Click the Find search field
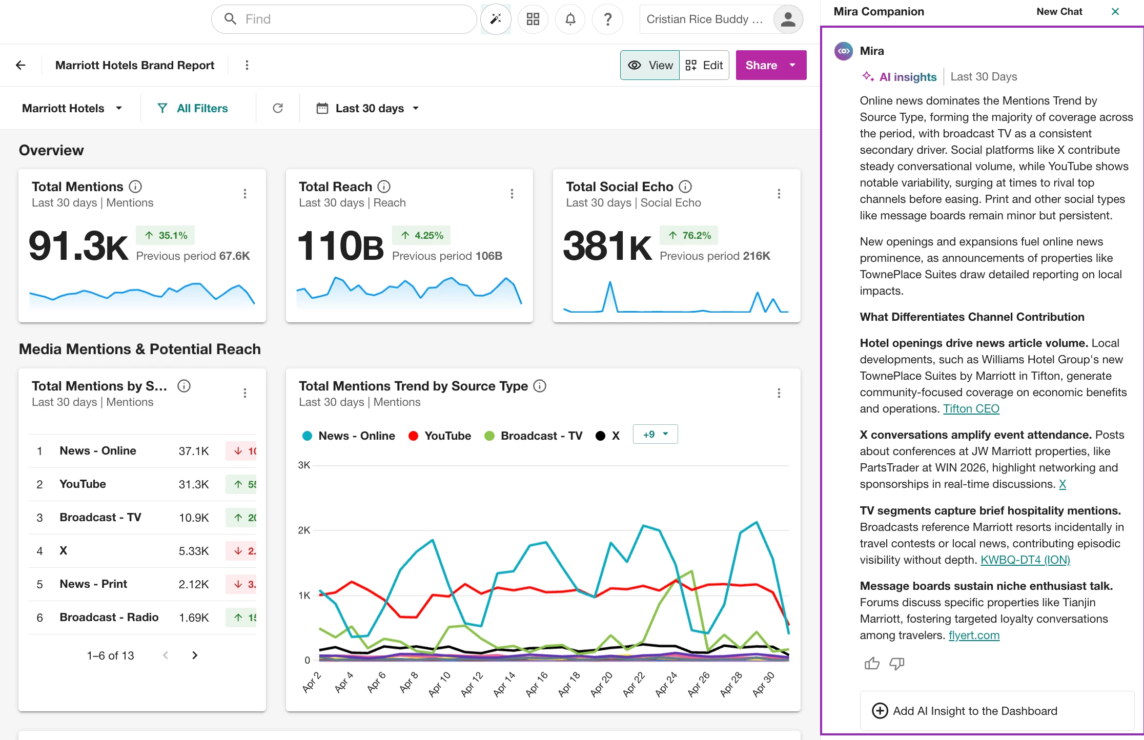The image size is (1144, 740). (344, 19)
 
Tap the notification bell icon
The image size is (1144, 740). (570, 19)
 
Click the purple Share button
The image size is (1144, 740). (771, 65)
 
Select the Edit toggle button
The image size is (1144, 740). (704, 65)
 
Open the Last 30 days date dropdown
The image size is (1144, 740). (368, 108)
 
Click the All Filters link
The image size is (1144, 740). (193, 108)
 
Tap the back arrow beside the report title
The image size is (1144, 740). (21, 65)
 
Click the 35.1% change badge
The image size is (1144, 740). (166, 235)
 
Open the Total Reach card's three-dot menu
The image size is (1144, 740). (512, 194)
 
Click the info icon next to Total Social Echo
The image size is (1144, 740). (685, 187)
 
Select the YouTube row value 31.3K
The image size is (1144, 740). (194, 484)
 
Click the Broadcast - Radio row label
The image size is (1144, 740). (109, 618)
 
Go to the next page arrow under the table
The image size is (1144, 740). (195, 655)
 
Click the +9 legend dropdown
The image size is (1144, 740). (655, 435)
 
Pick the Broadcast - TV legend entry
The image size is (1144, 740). (534, 436)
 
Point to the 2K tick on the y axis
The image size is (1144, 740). (304, 530)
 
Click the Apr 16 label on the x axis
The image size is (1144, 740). (536, 684)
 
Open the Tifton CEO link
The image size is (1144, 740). (971, 409)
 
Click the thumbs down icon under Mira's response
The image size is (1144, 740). (896, 664)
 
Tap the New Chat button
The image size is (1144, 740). (1059, 12)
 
